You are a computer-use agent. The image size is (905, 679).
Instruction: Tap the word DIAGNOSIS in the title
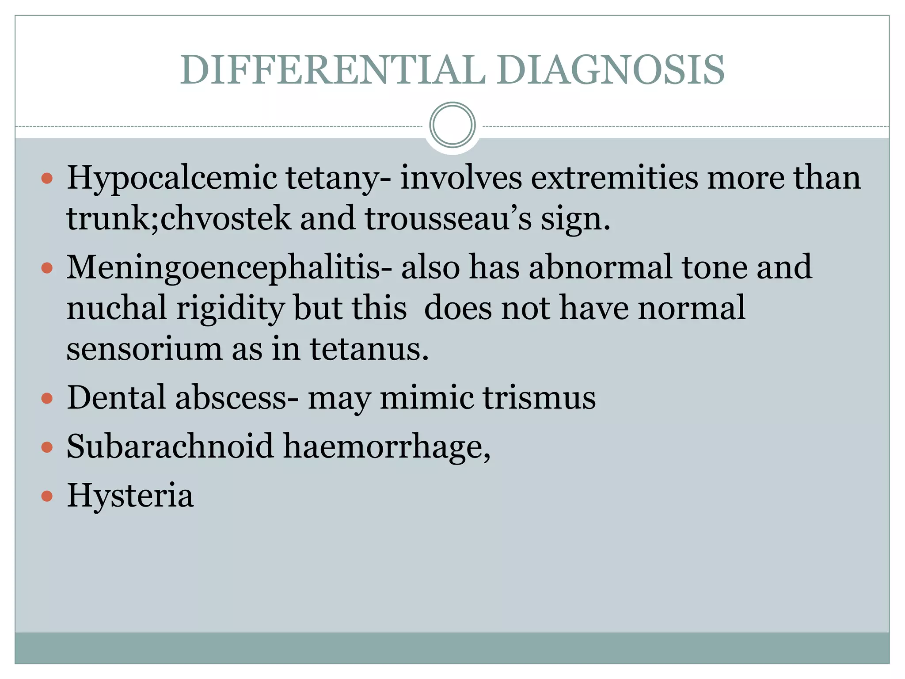point(610,70)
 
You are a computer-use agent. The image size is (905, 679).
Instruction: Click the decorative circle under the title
point(452,125)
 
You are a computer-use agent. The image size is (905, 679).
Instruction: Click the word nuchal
point(117,308)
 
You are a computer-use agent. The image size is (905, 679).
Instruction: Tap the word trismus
point(539,397)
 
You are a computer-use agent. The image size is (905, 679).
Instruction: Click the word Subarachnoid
point(170,446)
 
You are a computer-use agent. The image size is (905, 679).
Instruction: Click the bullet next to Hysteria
point(47,496)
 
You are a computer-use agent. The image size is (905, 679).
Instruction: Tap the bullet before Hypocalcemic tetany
point(47,179)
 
